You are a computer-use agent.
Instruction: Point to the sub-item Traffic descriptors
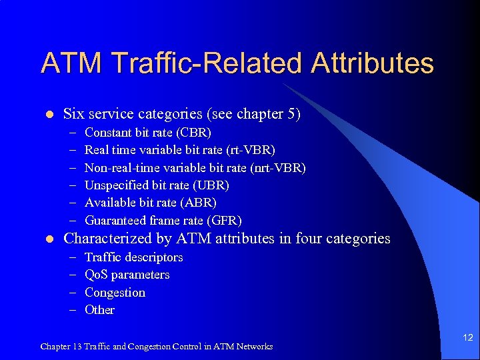pos(133,257)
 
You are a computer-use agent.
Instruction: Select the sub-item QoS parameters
pos(127,275)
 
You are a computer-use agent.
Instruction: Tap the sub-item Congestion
pos(115,293)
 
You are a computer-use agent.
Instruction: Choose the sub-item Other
pos(99,310)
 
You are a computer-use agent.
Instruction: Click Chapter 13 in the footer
pos(62,347)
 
